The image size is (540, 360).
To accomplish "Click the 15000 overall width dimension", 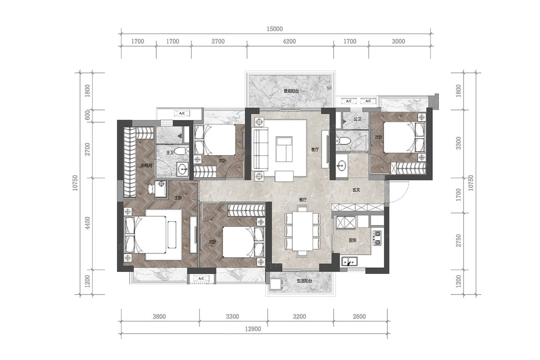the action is pos(275,29).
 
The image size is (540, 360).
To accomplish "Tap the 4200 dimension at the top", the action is pos(289,41).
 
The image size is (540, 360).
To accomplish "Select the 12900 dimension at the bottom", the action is pos(253,329).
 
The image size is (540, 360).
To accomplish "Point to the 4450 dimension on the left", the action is pos(87,223).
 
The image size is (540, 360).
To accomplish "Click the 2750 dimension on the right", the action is pos(459,241).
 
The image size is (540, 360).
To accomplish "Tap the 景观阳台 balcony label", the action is pos(291,91).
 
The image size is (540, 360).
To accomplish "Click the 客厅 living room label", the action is pos(315,149).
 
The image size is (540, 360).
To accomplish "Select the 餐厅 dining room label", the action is pos(303,199).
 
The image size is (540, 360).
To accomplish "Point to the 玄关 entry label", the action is pos(356,190).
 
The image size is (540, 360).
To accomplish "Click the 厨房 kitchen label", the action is pos(353,240).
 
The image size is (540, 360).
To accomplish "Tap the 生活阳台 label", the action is pos(304,281).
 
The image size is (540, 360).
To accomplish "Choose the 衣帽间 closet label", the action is pos(146,166).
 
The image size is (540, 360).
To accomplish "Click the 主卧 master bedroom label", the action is pos(178,198).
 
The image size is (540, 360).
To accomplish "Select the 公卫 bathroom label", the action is pos(357,119).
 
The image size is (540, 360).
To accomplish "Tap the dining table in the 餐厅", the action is pos(302,231).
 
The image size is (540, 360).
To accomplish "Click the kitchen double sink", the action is pos(349,261).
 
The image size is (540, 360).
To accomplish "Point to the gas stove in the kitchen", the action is pos(377,238).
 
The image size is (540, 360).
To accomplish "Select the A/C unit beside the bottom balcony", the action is pos(201,279).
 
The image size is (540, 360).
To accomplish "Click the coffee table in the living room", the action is pos(285,149).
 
